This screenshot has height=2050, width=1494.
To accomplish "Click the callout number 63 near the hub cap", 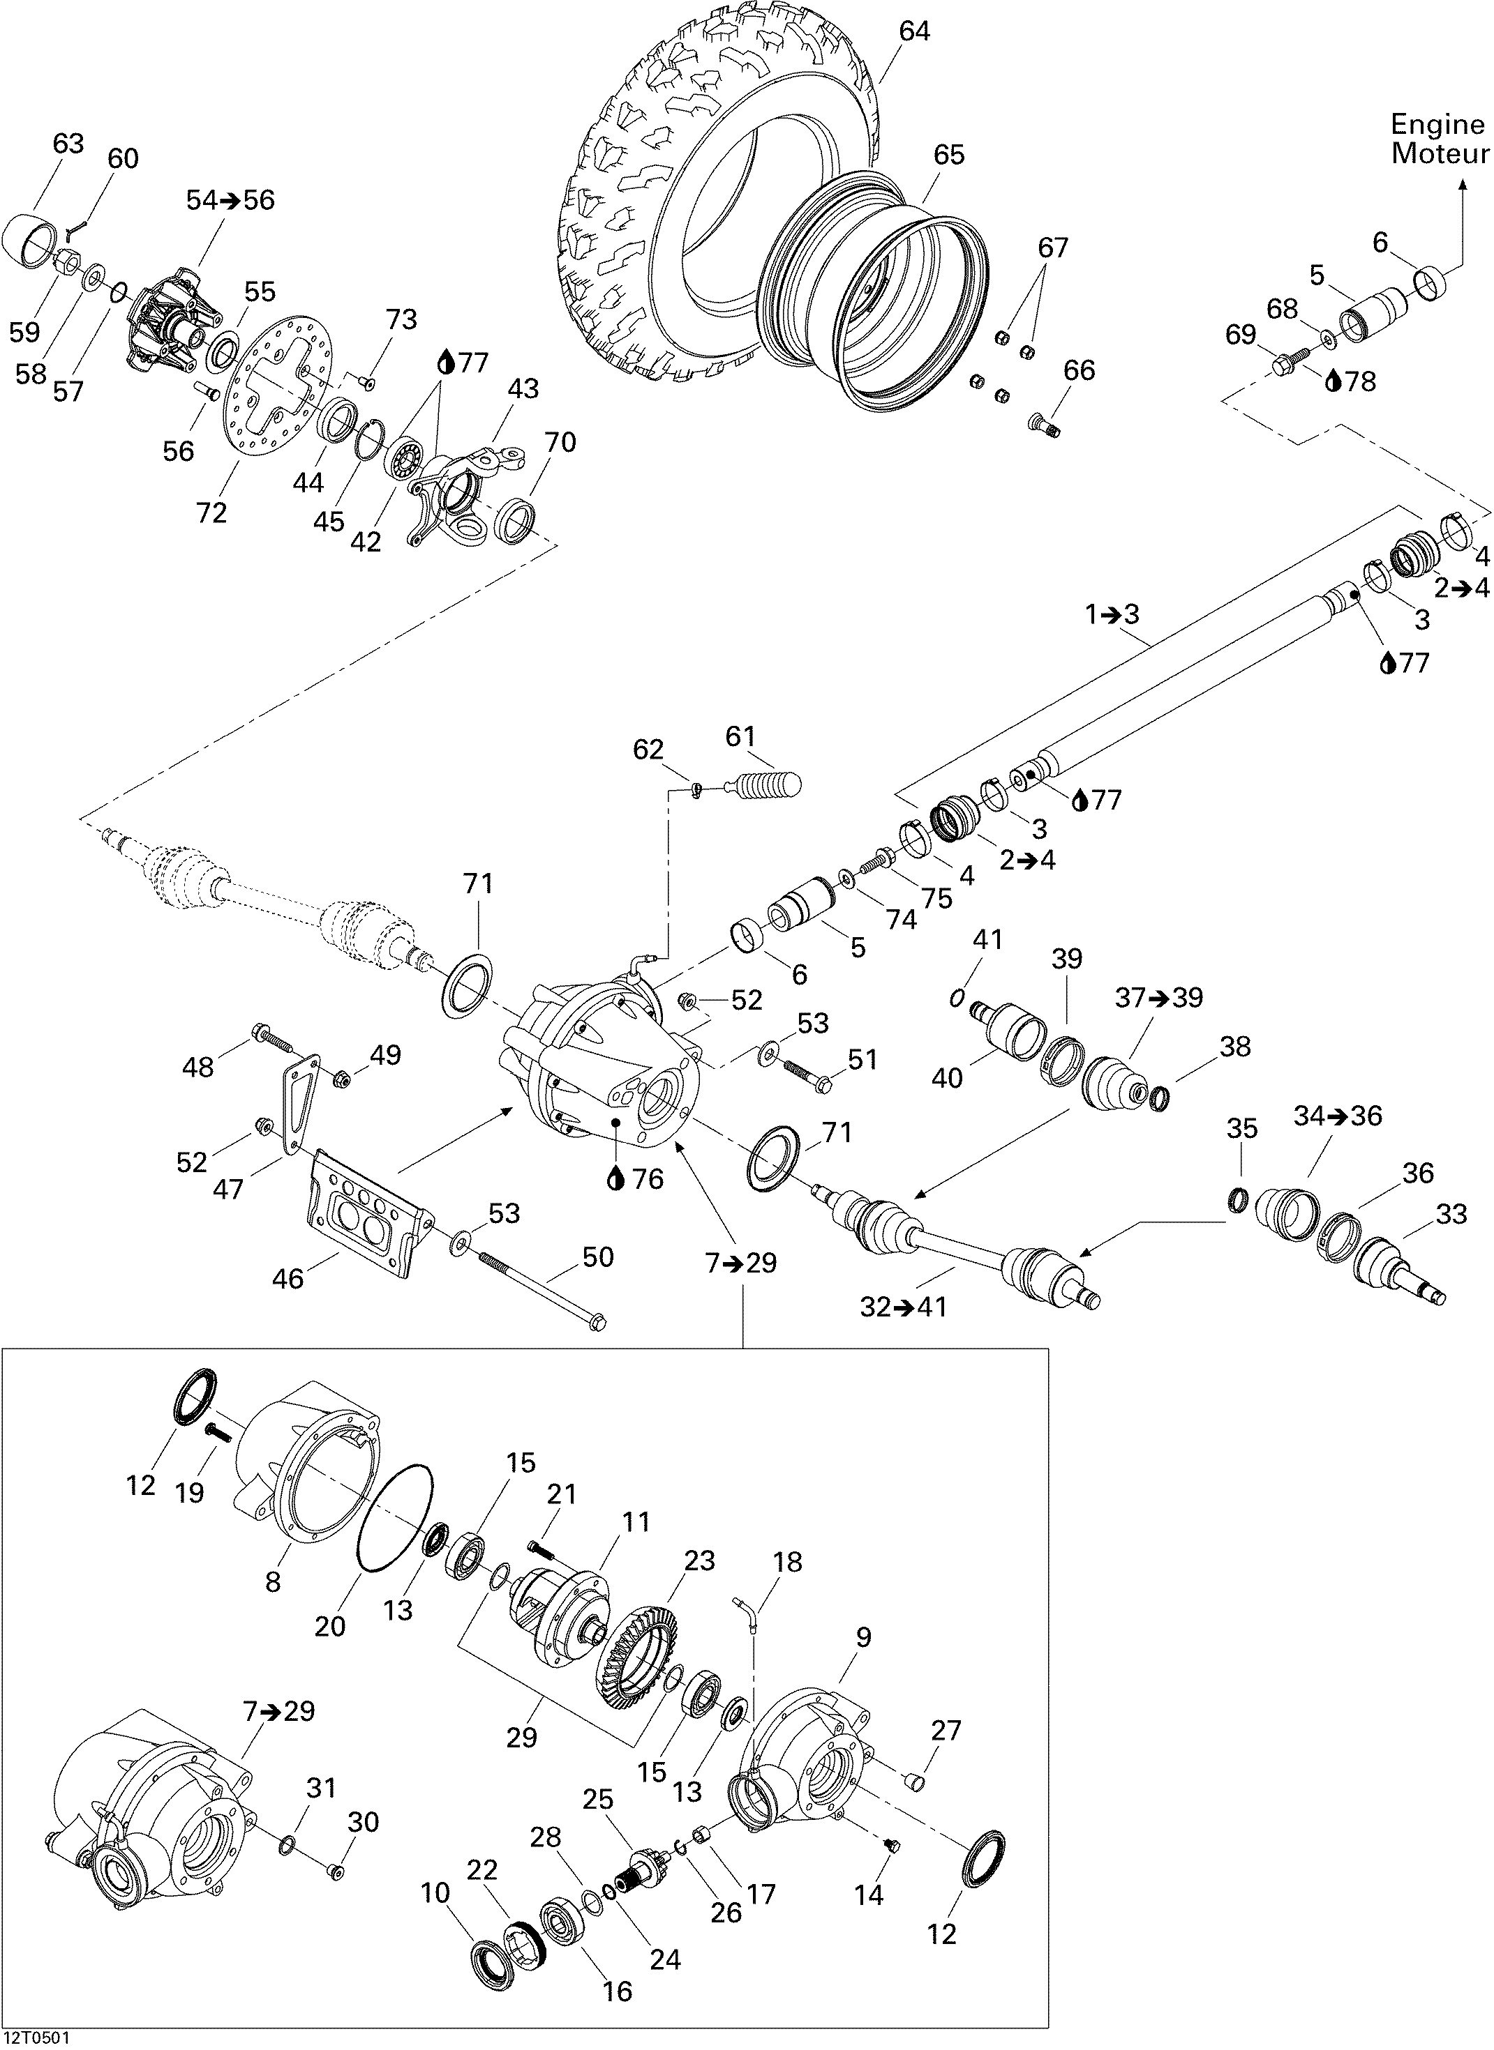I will coord(68,144).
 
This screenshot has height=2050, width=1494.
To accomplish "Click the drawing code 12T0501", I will coord(37,2038).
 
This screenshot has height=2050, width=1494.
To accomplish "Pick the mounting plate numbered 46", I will coord(366,1211).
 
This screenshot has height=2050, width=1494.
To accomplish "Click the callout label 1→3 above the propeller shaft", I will coord(1112,614).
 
